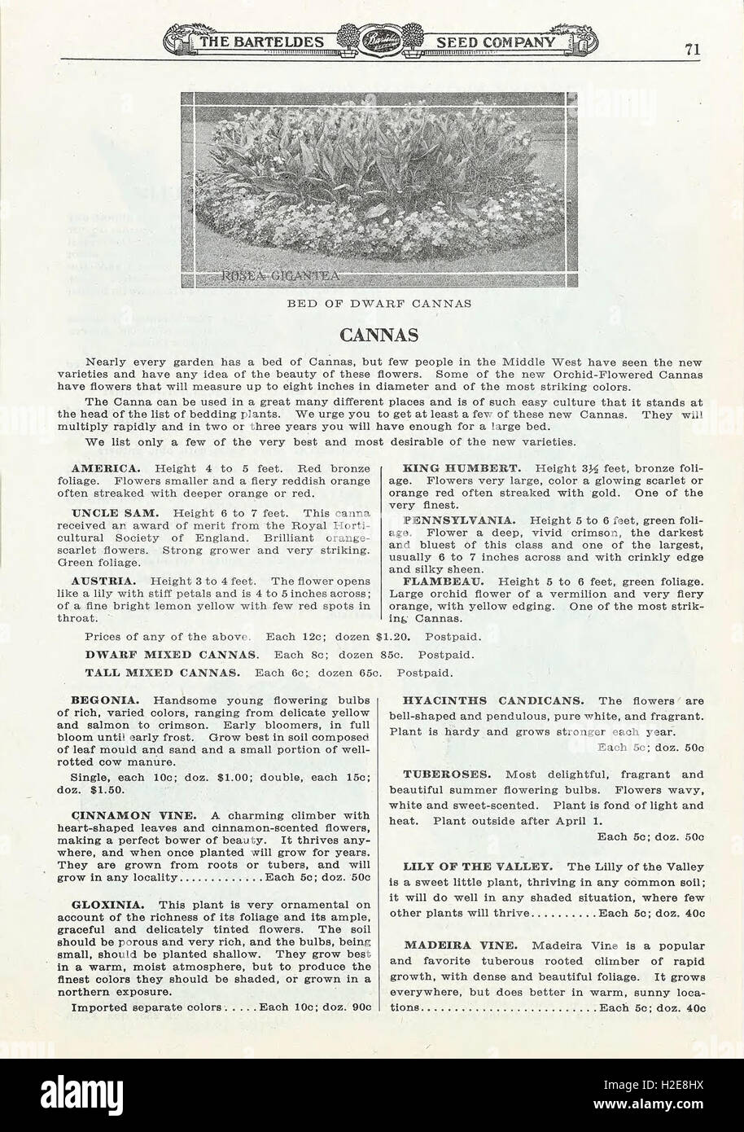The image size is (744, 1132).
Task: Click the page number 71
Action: (x=692, y=48)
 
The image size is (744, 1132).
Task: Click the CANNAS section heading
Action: (x=379, y=335)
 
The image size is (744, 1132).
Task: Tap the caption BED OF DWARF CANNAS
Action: (x=379, y=304)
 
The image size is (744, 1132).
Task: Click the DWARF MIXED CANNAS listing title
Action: (x=172, y=654)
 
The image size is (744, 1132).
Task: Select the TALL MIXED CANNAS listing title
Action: (x=162, y=673)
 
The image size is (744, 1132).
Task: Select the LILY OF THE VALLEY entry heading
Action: (x=478, y=867)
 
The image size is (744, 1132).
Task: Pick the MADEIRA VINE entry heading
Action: (x=459, y=945)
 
